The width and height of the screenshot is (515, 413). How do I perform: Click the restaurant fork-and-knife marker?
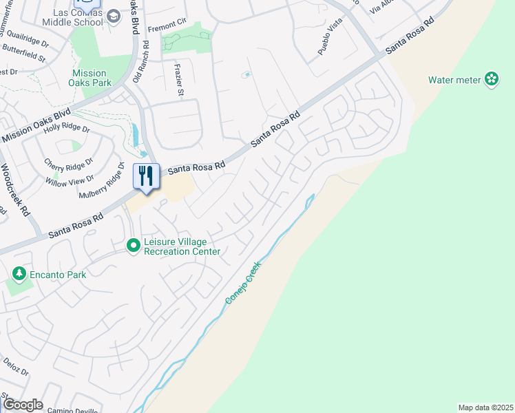coord(146,177)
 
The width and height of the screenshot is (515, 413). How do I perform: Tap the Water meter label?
coord(454,80)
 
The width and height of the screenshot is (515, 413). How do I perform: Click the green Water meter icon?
coord(492,80)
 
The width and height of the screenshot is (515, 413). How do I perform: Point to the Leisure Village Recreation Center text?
coord(182,247)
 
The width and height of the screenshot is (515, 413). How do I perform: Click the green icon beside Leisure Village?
coord(134,244)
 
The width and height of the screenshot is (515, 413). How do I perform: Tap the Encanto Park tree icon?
coord(19,275)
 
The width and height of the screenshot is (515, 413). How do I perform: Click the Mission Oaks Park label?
coord(90,78)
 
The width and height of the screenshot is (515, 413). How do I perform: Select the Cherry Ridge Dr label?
coord(68,164)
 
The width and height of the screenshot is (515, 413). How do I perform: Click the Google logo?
coord(22,404)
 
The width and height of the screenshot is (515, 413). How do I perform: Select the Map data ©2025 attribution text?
coord(485,407)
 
